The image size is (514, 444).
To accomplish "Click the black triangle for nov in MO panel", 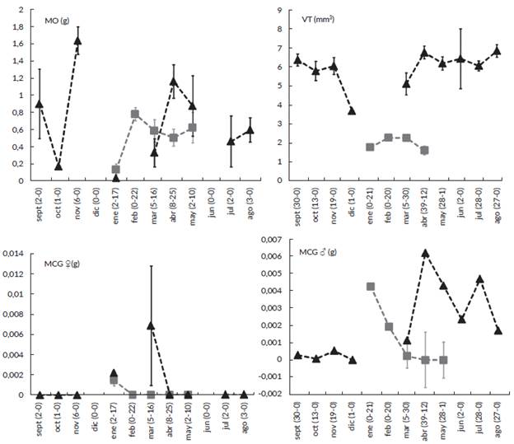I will click(x=77, y=40).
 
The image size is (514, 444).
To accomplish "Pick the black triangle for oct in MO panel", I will click(x=58, y=166).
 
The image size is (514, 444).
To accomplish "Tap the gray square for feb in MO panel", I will click(x=135, y=114).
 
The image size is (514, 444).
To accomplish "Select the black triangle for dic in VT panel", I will click(x=352, y=110).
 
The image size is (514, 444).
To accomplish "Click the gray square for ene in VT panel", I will click(x=370, y=147).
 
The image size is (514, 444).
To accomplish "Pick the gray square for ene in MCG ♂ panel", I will click(x=370, y=287).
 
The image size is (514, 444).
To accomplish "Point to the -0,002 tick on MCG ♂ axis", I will click(x=273, y=395).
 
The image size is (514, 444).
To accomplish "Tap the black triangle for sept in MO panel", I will click(x=39, y=104).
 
